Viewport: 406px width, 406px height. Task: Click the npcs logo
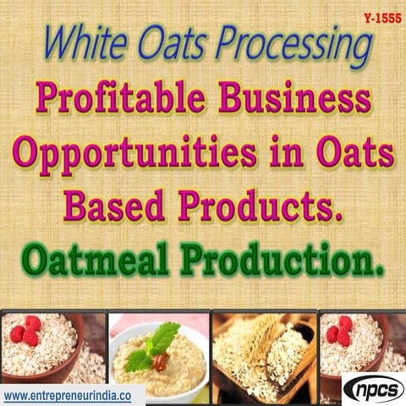[x=371, y=389]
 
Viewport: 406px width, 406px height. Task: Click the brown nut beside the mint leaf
[x=158, y=362]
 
